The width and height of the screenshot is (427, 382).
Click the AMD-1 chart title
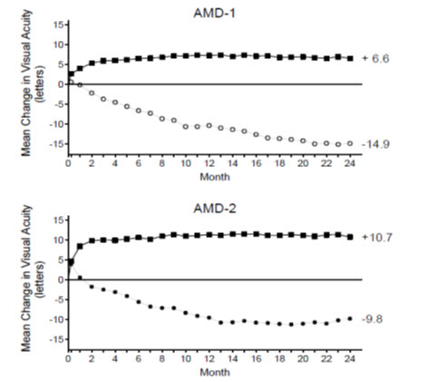209,12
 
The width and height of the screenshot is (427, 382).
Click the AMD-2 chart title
209,208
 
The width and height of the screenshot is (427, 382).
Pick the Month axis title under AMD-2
209,372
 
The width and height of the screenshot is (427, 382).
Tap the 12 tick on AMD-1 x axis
209,164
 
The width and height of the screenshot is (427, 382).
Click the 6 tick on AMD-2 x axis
139,359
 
